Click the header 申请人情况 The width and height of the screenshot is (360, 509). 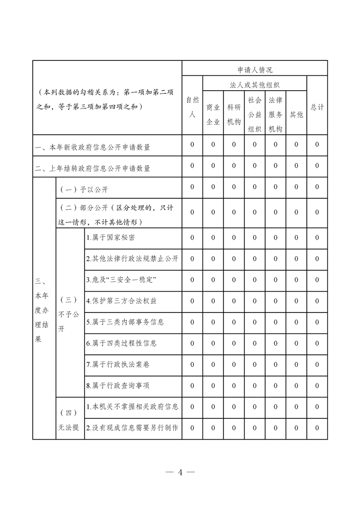[x=255, y=70]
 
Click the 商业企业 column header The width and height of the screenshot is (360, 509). [x=213, y=114]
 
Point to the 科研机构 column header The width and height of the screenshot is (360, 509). [x=234, y=114]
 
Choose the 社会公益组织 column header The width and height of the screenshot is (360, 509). [x=255, y=114]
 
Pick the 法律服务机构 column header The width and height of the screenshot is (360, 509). [x=276, y=114]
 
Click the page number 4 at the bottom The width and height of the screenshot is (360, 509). [x=180, y=472]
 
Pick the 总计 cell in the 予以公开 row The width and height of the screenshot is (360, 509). [x=317, y=187]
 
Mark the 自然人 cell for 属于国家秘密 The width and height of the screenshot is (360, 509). [x=192, y=237]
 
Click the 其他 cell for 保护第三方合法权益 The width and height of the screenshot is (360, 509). [x=296, y=301]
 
